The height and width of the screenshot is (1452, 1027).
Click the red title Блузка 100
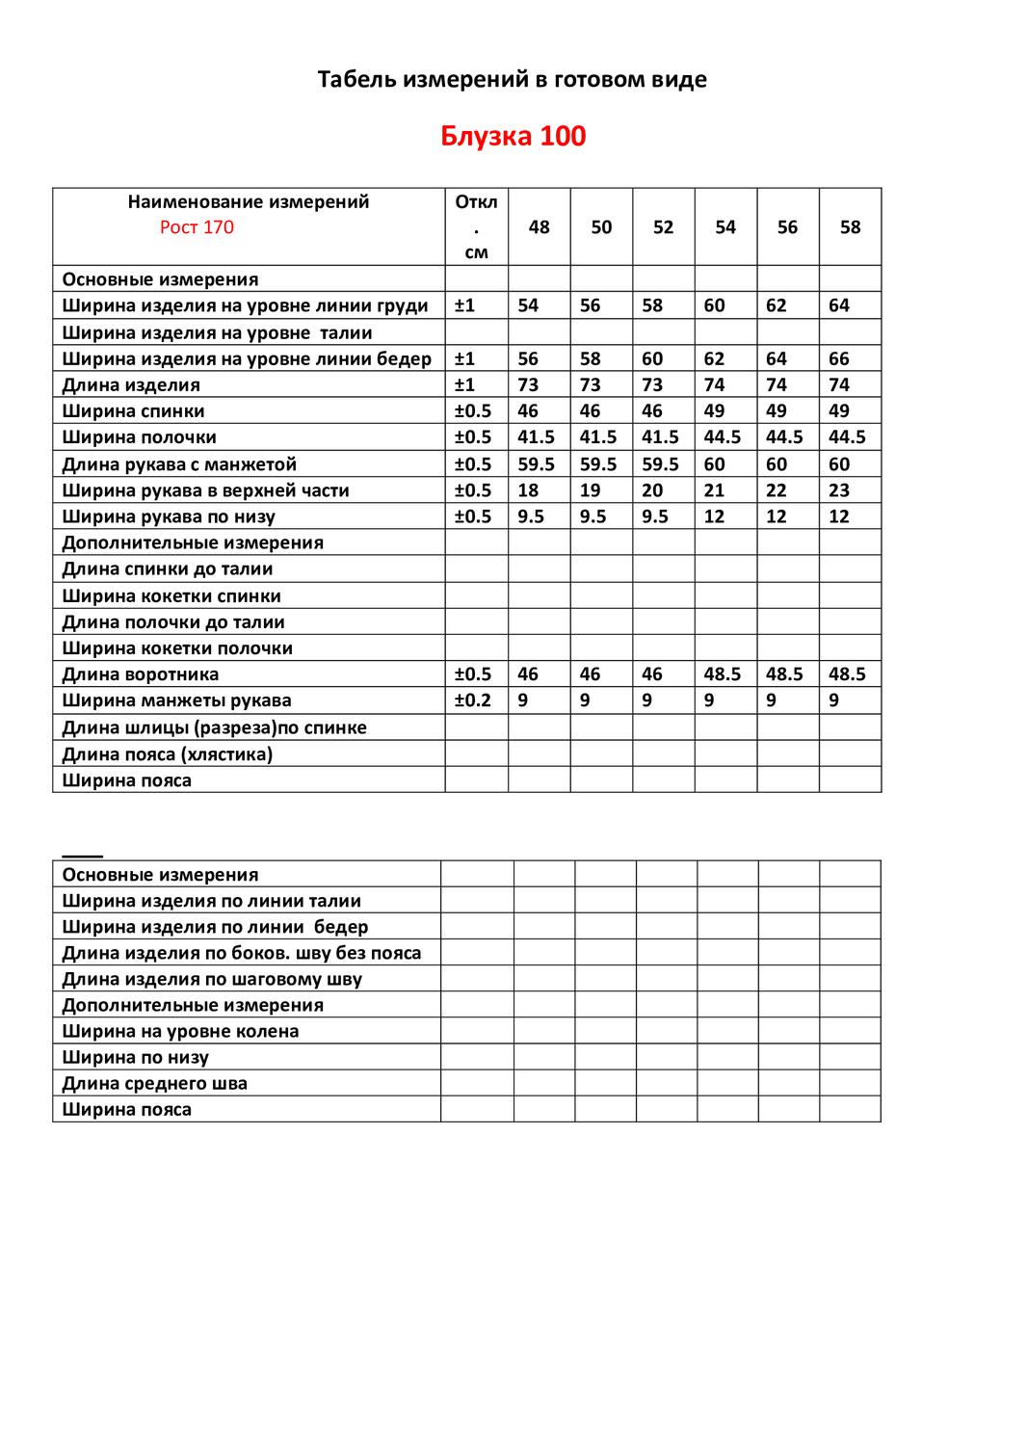513,136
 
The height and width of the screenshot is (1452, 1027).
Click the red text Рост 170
197,227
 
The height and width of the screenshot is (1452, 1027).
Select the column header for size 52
663,227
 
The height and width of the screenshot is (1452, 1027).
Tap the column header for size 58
850,227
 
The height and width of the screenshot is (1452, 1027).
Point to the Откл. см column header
476,227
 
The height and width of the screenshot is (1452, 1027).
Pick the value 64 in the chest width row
839,305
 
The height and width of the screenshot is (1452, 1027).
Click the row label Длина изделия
131,384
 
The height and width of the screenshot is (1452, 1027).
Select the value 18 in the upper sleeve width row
528,489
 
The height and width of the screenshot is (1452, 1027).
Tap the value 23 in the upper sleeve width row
839,489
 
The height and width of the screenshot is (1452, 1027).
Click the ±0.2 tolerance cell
473,700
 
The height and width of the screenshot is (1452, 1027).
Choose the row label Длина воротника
141,674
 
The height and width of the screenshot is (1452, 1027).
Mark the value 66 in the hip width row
839,358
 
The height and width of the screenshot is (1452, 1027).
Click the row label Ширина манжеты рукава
176,700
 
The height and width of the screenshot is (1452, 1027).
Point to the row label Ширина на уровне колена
180,1031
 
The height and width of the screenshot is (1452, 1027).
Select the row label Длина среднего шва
155,1083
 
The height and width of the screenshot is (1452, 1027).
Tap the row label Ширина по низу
136,1057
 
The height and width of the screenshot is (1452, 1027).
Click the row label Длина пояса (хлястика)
168,753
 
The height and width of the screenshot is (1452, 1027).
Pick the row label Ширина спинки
133,411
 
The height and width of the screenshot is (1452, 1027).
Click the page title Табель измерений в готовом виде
513,79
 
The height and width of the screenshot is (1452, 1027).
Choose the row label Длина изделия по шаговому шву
212,979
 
